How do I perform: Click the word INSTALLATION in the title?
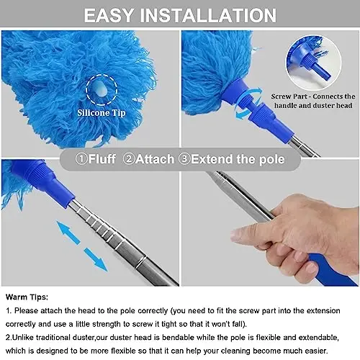click(211, 15)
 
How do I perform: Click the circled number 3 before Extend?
click(186, 159)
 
